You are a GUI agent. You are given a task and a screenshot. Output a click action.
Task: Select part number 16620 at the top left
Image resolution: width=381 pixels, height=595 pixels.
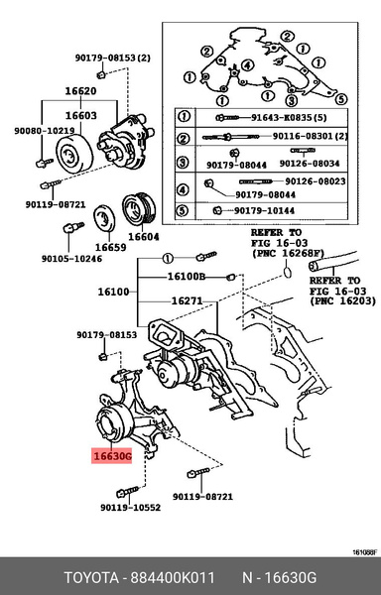pos(82,90)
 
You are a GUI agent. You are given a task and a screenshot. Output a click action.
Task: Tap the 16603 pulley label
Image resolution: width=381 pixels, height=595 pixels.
pos(82,115)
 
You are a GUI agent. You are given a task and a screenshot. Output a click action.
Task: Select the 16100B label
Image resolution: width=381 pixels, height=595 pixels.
pos(186,276)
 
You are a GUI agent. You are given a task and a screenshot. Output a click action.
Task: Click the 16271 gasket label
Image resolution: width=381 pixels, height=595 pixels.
pos(187,299)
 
